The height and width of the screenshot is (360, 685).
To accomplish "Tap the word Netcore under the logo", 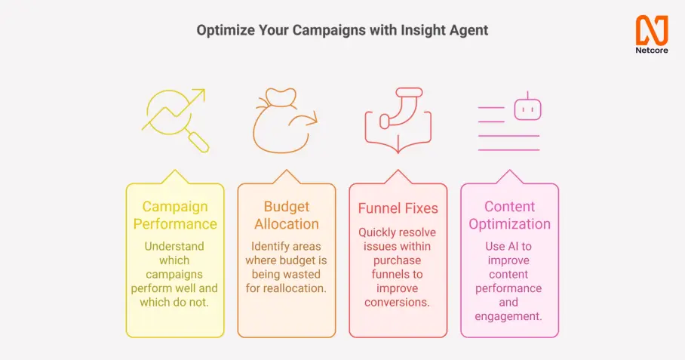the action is pos(652,51).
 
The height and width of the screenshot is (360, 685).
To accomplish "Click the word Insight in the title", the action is pos(421,30).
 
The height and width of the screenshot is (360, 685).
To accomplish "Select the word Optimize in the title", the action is pos(226,30).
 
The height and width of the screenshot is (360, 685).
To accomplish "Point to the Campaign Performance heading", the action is pos(175,215).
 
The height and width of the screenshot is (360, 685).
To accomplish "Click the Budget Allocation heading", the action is pos(287,215).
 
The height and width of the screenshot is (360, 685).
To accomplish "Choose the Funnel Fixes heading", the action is pos(398,208).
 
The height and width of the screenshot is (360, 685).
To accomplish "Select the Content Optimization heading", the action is pos(509,215).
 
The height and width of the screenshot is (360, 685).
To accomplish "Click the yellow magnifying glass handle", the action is pos(198,142).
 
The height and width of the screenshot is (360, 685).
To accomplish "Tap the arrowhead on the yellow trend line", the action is pos(199,94).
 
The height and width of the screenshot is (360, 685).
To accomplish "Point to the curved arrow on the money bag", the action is pos(305,122).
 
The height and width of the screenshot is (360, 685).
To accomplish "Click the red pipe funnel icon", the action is pos(398,120).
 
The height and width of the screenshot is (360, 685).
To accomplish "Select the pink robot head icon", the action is pos(528,108).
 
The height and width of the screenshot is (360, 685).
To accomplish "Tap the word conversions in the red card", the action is pos(397,303).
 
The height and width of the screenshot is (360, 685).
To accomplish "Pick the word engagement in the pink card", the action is pos(508,316).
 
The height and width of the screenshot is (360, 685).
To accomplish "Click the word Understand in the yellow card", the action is pos(174,246).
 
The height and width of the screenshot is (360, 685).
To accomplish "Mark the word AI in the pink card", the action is pos(511,246).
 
